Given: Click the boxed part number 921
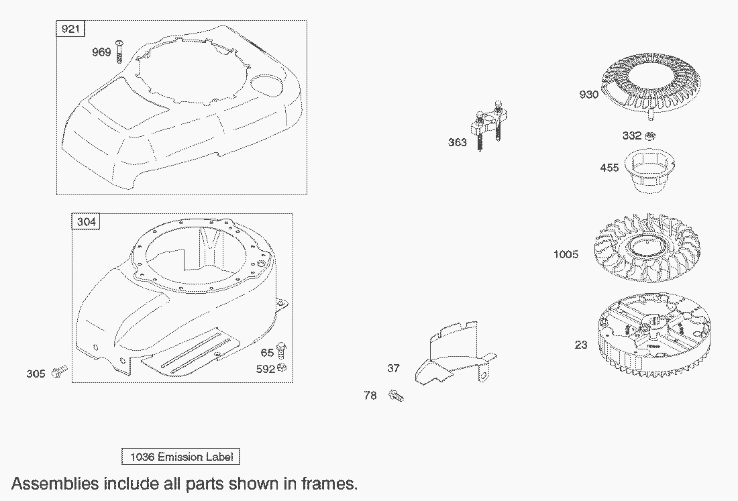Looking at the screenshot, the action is [x=70, y=29].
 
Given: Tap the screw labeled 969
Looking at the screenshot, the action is [x=119, y=52].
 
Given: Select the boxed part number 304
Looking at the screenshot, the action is [x=86, y=221].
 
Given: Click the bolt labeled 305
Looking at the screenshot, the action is [x=59, y=373].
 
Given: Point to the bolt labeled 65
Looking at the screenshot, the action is [x=282, y=351].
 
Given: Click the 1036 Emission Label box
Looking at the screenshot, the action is [x=180, y=457].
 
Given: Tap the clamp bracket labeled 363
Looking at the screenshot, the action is [x=489, y=125].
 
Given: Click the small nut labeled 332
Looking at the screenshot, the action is [x=649, y=136].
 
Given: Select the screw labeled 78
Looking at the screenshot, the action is [x=397, y=396].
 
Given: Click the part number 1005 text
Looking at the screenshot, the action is [x=566, y=254].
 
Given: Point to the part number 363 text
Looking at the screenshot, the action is [x=457, y=143].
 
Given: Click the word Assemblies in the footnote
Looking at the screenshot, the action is [x=55, y=484].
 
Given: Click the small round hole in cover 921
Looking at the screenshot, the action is [x=266, y=84].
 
